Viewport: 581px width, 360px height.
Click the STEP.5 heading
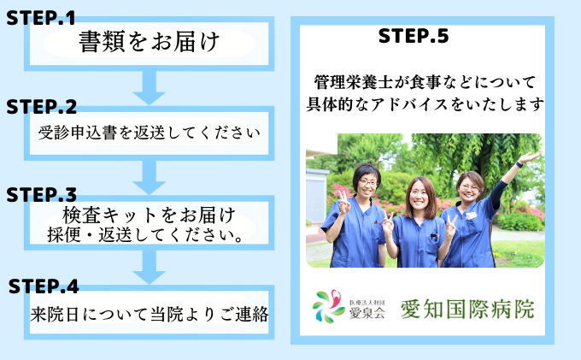pyautogui.click(x=413, y=37)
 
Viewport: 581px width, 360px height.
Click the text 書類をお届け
pyautogui.click(x=150, y=41)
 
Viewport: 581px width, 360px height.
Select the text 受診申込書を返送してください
pyautogui.click(x=149, y=134)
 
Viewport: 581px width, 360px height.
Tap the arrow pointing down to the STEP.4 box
pyautogui.click(x=150, y=265)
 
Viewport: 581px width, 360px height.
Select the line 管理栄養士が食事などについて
pyautogui.click(x=425, y=83)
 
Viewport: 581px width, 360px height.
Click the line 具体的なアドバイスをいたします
pyautogui.click(x=425, y=105)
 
